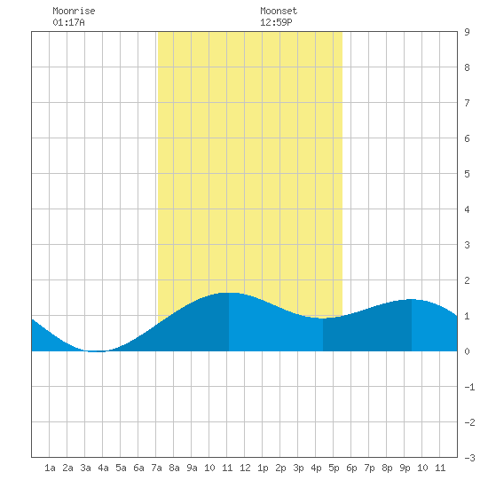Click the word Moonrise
coord(74,11)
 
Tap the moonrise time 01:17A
coord(68,22)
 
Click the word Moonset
coord(279,11)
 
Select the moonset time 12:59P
coord(276,22)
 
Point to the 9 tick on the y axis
coord(467,32)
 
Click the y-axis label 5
coord(467,174)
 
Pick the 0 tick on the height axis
coord(467,351)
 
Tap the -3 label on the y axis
coord(469,458)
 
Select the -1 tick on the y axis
coord(469,387)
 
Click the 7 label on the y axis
coord(467,103)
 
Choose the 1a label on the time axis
coord(50,468)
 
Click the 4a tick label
coord(103,468)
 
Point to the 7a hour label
coord(156,468)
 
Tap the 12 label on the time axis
coord(245,468)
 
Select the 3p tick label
coord(298,468)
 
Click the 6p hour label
coord(351,468)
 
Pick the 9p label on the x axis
coord(405,468)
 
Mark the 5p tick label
coord(334,468)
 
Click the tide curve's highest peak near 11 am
coord(229,293)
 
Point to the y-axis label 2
coord(467,280)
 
